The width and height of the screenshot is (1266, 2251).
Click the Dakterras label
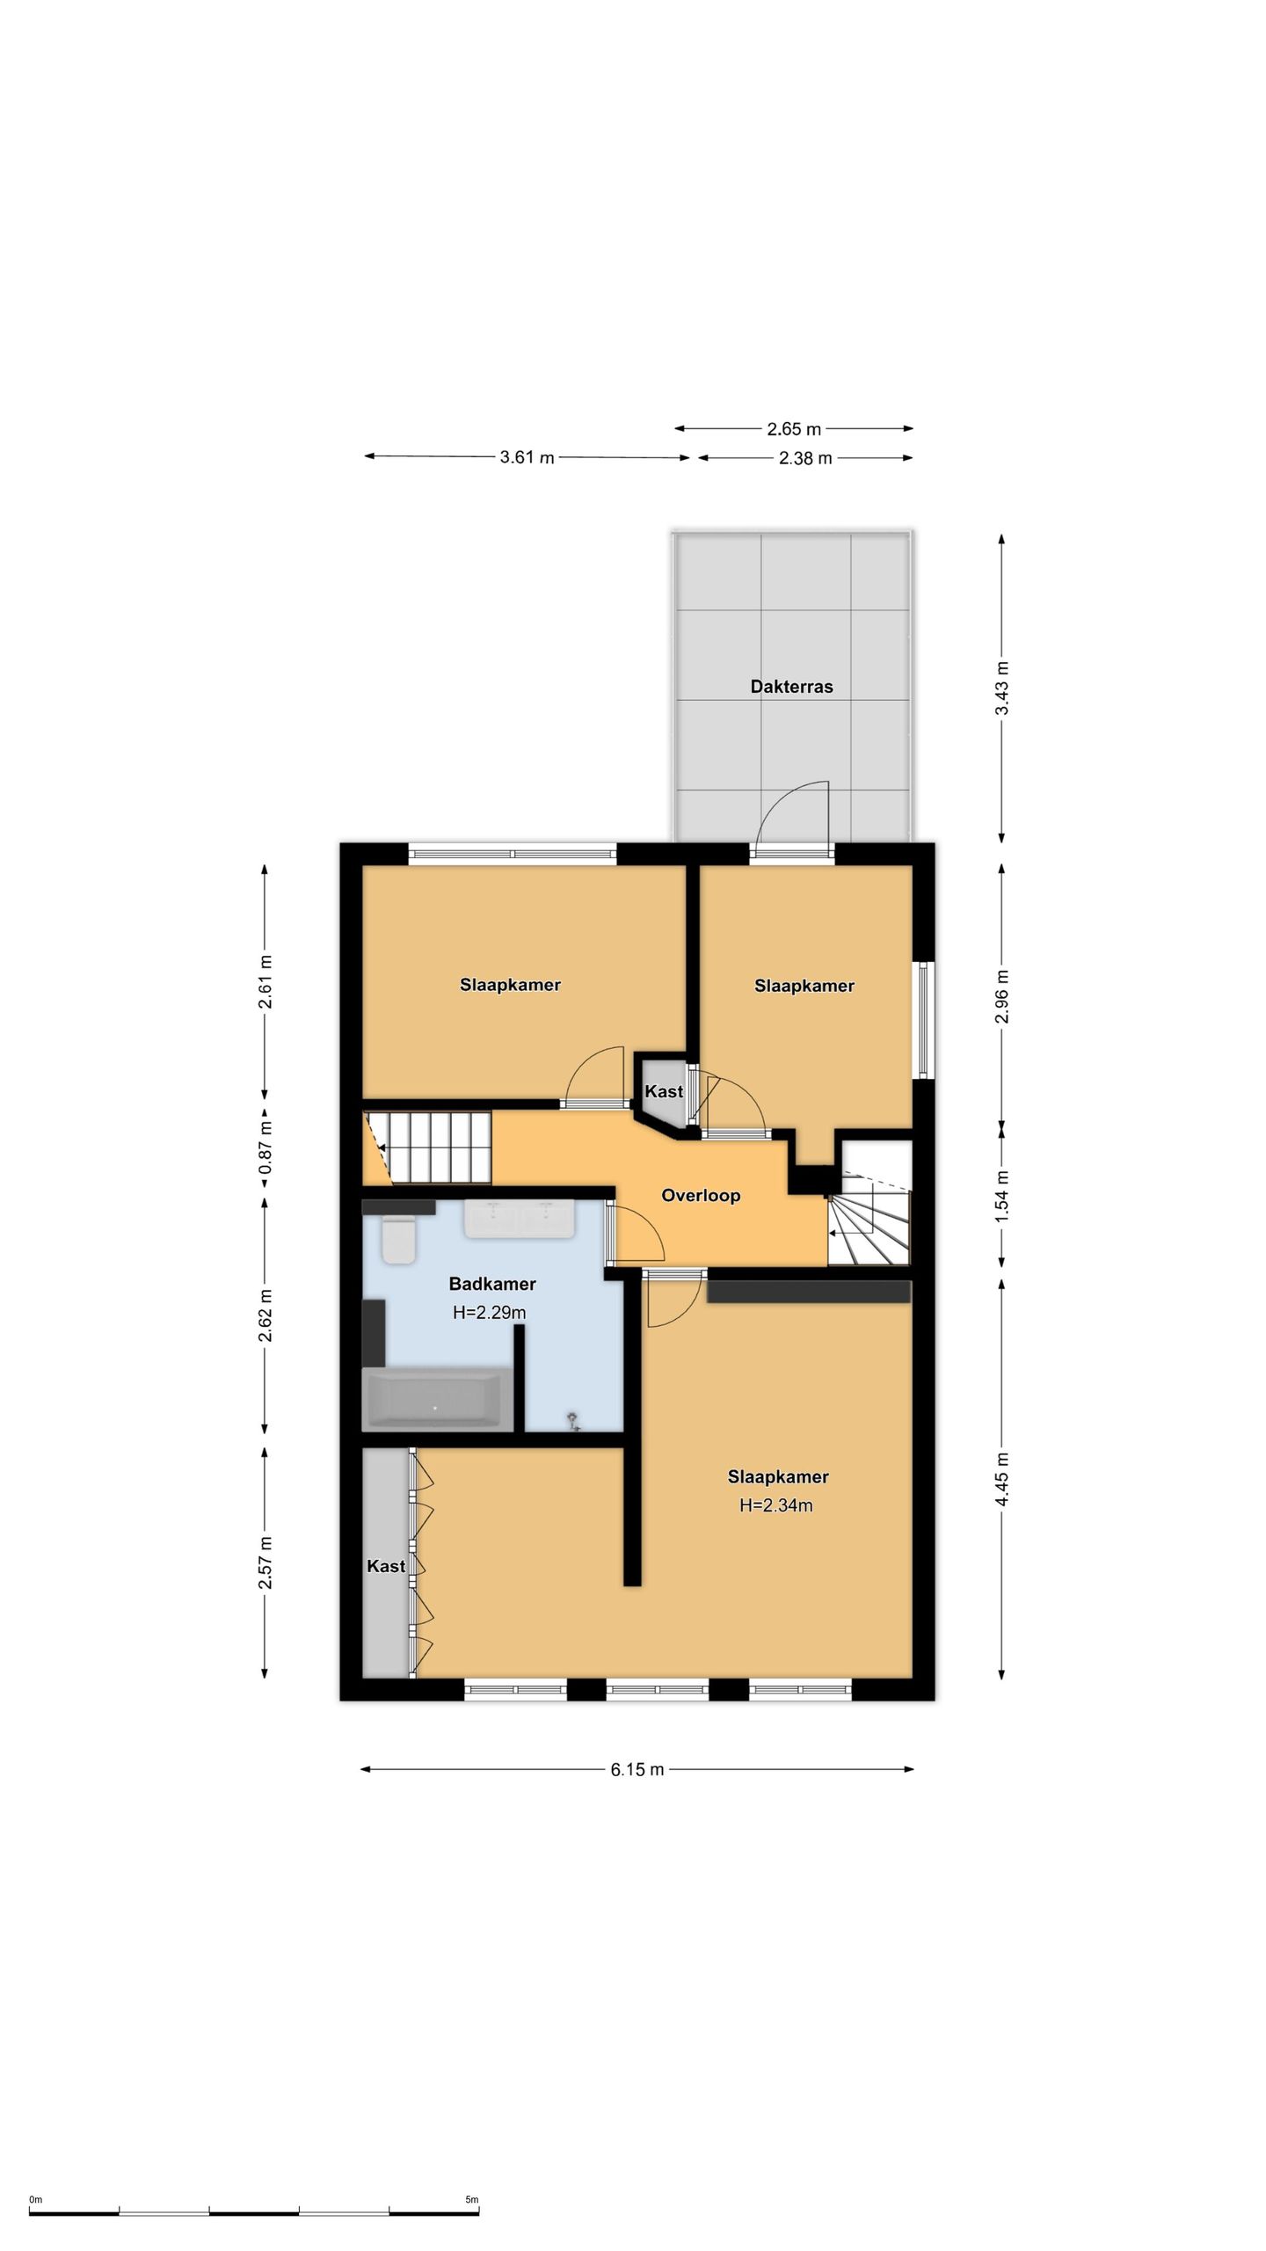point(791,687)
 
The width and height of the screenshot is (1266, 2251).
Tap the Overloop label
point(701,1195)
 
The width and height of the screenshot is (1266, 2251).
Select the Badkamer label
point(492,1284)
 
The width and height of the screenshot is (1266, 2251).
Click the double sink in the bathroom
point(520,1219)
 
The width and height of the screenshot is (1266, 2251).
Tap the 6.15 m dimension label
point(637,1769)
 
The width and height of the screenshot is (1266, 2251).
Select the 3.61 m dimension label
point(527,457)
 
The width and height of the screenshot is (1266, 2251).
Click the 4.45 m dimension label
point(1001,1479)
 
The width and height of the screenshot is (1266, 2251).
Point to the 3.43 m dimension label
point(1001,688)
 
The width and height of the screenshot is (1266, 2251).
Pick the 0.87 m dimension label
point(265,1147)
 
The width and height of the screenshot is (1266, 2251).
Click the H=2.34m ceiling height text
point(776,1505)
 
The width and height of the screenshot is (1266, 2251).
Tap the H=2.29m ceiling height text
point(490,1313)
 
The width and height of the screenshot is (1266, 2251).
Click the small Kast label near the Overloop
point(664,1091)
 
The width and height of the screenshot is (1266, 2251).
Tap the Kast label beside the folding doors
point(386,1566)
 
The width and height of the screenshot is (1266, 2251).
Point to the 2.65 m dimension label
point(794,429)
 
